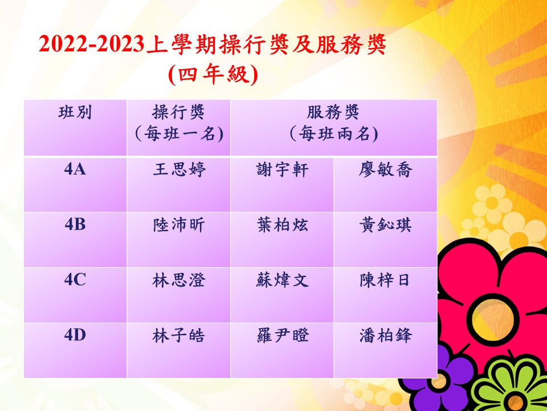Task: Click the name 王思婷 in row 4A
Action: tap(179, 170)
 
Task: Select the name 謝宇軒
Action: tap(282, 170)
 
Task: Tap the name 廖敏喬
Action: tap(386, 170)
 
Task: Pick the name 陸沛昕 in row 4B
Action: tap(179, 225)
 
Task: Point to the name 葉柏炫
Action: tap(282, 225)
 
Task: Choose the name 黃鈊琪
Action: tap(386, 225)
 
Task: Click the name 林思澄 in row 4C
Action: tap(179, 280)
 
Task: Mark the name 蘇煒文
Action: tap(282, 280)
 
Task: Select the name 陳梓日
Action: tap(385, 280)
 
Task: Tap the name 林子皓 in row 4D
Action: tap(178, 336)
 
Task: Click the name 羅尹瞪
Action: tap(282, 336)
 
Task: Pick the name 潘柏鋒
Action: tap(386, 336)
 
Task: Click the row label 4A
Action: tap(75, 170)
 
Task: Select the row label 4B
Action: tap(75, 225)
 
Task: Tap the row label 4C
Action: tap(75, 280)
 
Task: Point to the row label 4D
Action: tap(75, 336)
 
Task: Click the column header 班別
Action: tap(75, 113)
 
